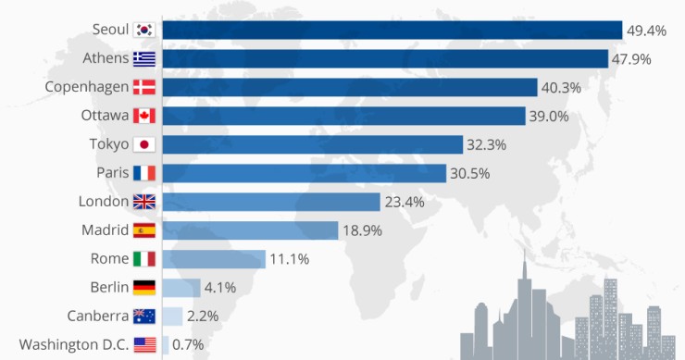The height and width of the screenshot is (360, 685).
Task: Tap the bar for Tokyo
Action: pos(313,144)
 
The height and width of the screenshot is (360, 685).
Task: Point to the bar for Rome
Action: pos(215,259)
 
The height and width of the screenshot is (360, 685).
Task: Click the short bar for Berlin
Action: pos(182,288)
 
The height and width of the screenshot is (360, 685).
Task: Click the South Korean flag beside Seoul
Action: pos(144,30)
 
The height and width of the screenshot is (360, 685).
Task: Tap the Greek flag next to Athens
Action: pos(144,58)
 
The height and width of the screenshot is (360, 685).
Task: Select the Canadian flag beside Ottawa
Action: pos(144,116)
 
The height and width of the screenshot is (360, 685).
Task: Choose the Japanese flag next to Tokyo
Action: pos(144,144)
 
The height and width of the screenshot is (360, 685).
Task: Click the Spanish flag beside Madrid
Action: pos(144,230)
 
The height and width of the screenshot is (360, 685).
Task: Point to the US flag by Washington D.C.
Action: pos(144,345)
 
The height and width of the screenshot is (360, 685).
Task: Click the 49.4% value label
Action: pos(647,31)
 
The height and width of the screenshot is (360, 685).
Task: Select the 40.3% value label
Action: pos(564,88)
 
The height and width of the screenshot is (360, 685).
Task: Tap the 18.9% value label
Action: pos(364,230)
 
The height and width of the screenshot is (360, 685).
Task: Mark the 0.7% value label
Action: pos(189,345)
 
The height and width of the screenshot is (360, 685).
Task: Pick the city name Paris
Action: pos(113,173)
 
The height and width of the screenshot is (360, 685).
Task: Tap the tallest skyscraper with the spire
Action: pos(524,305)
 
